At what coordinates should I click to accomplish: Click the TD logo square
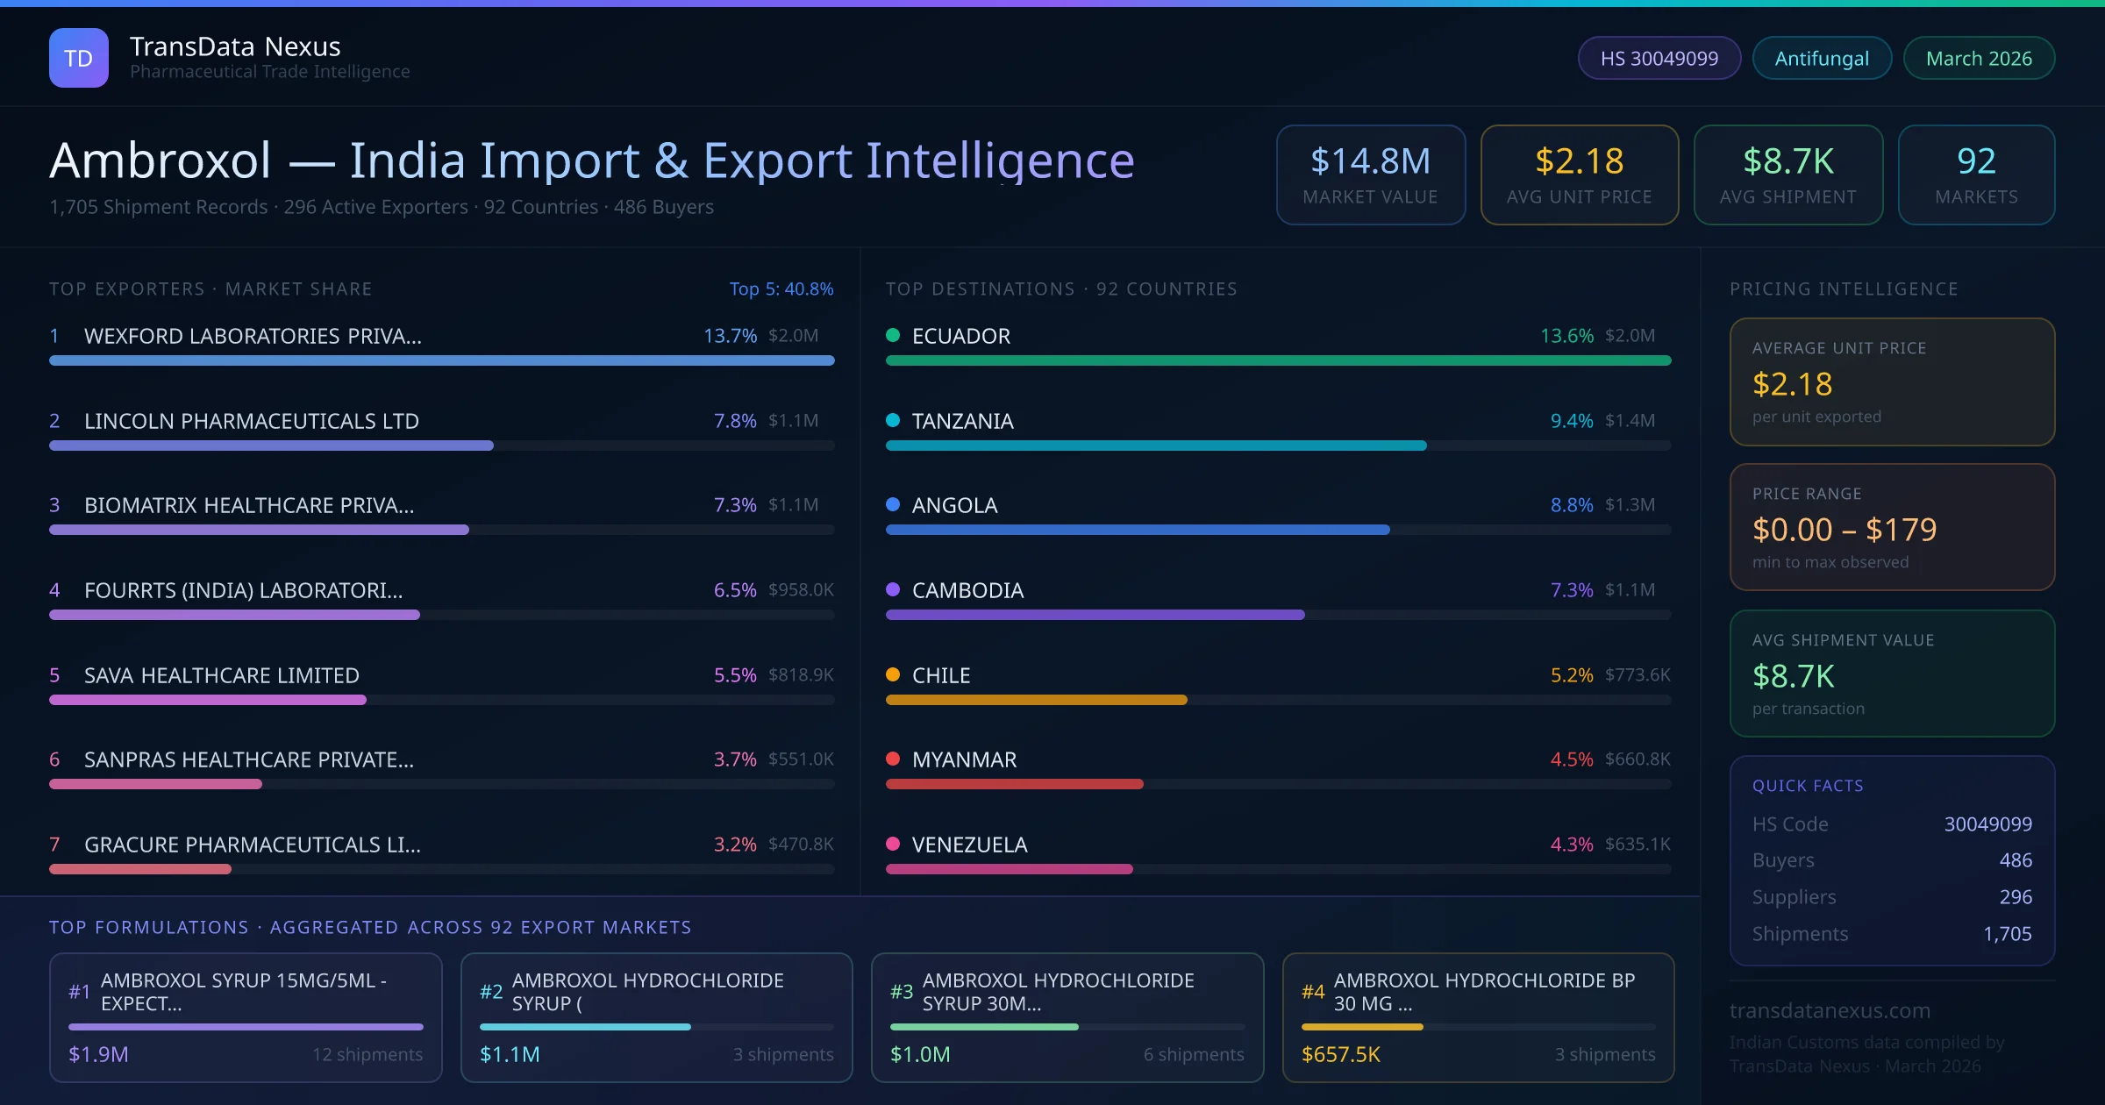tap(78, 58)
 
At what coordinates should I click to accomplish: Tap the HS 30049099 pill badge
tap(1659, 58)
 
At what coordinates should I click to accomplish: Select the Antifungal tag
tap(1821, 58)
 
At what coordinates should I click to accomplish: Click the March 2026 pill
tap(1978, 58)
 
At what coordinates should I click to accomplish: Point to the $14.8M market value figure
tap(1370, 160)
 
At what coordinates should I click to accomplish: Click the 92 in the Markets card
tap(1976, 160)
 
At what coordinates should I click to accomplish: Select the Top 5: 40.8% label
tap(781, 289)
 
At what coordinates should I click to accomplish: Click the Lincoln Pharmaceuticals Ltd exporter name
tap(251, 421)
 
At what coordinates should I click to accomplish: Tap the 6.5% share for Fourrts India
tap(734, 590)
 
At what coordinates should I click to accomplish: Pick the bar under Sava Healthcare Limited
tap(208, 700)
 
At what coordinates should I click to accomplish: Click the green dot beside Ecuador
tap(893, 335)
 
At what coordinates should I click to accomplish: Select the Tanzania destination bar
tap(1156, 446)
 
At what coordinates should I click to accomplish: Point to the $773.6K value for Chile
tap(1637, 674)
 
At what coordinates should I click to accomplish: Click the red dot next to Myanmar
tap(893, 759)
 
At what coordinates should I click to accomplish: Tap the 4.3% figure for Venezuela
tap(1571, 845)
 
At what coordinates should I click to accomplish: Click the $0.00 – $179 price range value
tap(1844, 529)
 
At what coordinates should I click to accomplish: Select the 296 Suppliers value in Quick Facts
tap(2015, 896)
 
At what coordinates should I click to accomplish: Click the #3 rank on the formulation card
tap(901, 991)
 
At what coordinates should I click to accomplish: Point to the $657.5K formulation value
tap(1340, 1054)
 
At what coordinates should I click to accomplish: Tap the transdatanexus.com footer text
tap(1830, 1010)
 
